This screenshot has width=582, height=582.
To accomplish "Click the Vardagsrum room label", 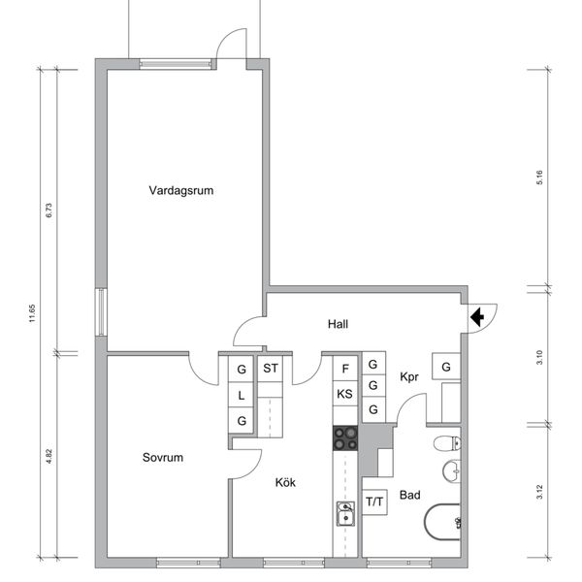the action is pyautogui.click(x=181, y=190).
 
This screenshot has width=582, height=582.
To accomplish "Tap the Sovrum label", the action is pyautogui.click(x=163, y=457).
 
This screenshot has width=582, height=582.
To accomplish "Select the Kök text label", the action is pyautogui.click(x=285, y=482).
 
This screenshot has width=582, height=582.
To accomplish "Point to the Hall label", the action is pyautogui.click(x=338, y=324).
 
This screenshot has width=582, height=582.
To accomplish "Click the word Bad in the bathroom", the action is pyautogui.click(x=409, y=495).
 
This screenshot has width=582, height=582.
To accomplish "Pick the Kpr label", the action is pyautogui.click(x=409, y=377).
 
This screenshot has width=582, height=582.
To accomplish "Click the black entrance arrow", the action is pyautogui.click(x=477, y=317).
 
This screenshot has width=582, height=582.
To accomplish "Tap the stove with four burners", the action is pyautogui.click(x=345, y=438).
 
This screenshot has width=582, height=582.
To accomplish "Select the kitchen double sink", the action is pyautogui.click(x=345, y=513).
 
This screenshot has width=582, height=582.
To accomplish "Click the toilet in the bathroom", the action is pyautogui.click(x=447, y=443).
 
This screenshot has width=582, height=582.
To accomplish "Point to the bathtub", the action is pyautogui.click(x=442, y=522).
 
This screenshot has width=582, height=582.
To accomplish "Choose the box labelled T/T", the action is pyautogui.click(x=374, y=501).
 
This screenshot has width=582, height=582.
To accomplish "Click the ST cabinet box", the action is pyautogui.click(x=271, y=369).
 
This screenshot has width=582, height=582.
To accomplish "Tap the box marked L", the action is pyautogui.click(x=241, y=395).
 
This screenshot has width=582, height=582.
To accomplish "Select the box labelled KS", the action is pyautogui.click(x=344, y=394).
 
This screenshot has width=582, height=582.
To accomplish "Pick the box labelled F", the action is pyautogui.click(x=345, y=369).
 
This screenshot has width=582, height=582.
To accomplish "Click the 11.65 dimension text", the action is pyautogui.click(x=32, y=313).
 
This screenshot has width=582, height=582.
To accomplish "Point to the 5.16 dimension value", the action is pyautogui.click(x=539, y=178).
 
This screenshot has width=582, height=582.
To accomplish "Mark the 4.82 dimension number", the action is pyautogui.click(x=48, y=457).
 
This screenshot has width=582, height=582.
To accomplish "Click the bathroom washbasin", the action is pyautogui.click(x=452, y=471).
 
